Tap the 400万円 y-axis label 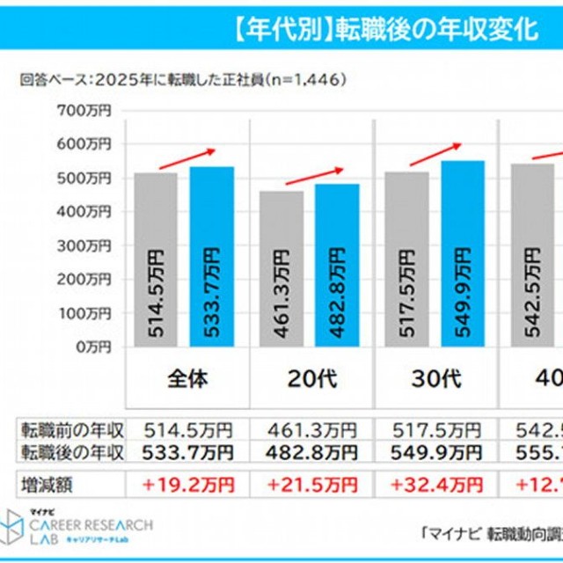[x=87, y=212]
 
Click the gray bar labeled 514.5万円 [x=156, y=260]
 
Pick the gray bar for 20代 [x=281, y=268]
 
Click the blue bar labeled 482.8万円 [x=337, y=265]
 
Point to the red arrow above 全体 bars [x=186, y=158]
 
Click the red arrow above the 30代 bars [x=435, y=153]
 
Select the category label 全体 [x=186, y=379]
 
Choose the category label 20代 [x=312, y=379]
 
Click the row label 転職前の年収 [x=72, y=431]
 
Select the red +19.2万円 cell [x=186, y=483]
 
